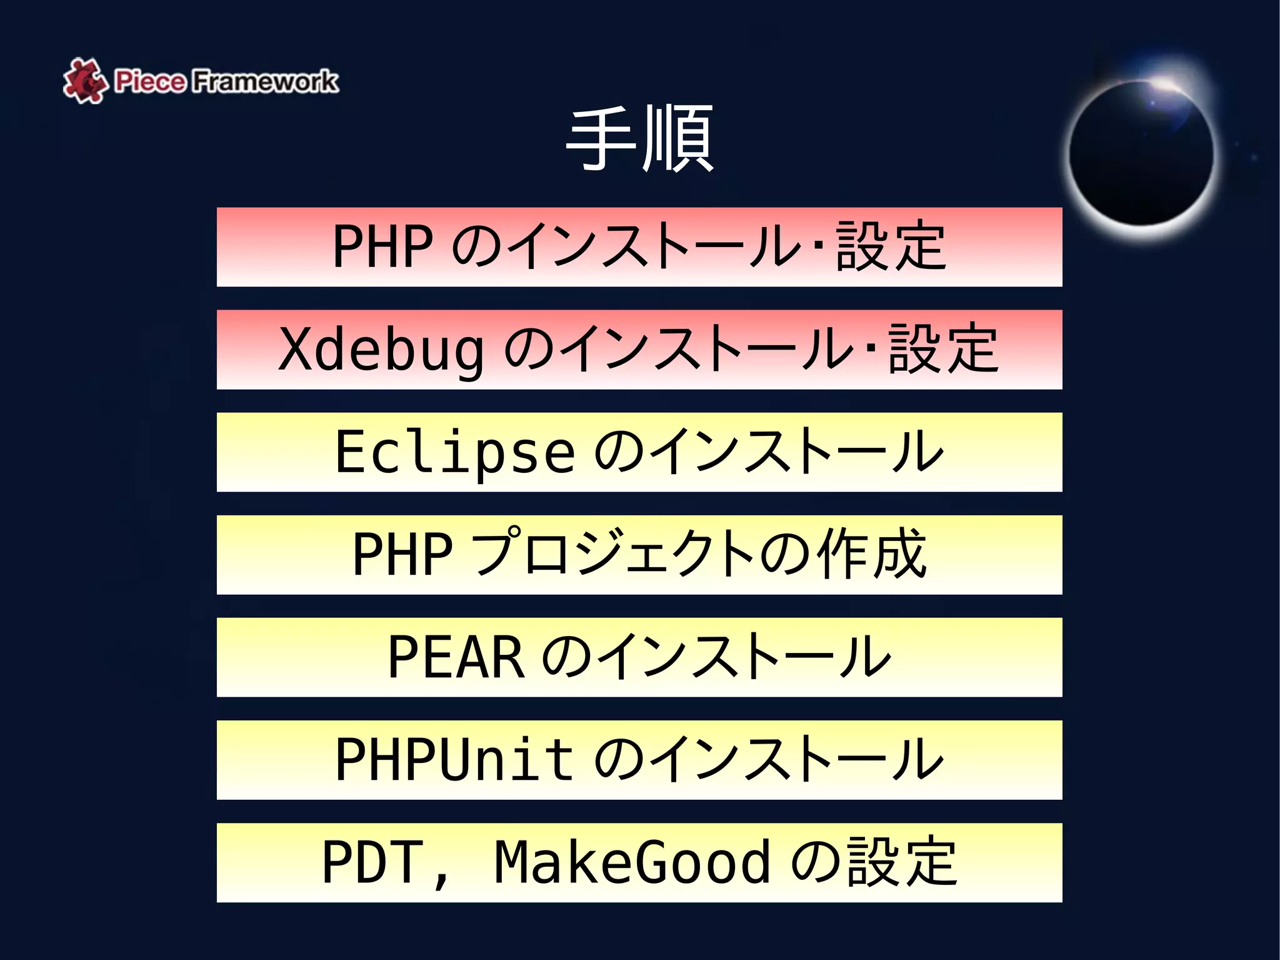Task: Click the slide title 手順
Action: click(x=639, y=138)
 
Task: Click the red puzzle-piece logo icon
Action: click(x=84, y=81)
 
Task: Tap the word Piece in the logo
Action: click(x=150, y=81)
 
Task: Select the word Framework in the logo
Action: click(x=264, y=81)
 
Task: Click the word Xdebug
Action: click(x=381, y=350)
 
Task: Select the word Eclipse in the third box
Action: click(x=454, y=452)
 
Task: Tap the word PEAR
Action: click(x=456, y=657)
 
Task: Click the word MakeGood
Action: click(x=632, y=862)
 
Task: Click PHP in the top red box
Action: click(x=382, y=246)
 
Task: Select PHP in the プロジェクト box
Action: click(x=402, y=554)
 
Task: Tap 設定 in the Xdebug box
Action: click(x=943, y=349)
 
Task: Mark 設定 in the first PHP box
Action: click(x=891, y=246)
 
